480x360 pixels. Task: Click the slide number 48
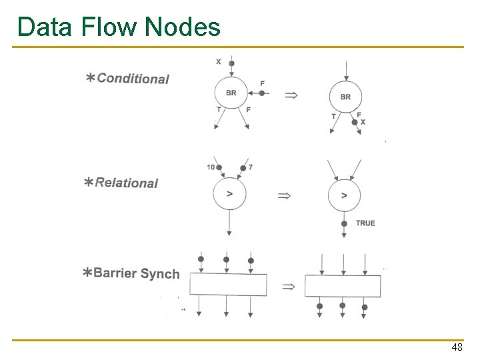click(457, 348)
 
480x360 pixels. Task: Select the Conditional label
click(133, 79)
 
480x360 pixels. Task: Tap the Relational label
click(126, 183)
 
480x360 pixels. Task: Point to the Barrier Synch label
click(136, 273)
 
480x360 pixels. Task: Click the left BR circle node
click(231, 93)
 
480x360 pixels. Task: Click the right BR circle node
click(345, 97)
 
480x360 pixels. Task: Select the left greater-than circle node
click(229, 194)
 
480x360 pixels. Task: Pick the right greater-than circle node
click(344, 195)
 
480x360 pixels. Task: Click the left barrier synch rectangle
click(228, 285)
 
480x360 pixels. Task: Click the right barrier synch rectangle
click(343, 286)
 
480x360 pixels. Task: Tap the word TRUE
click(365, 223)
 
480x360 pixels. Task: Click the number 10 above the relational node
click(211, 167)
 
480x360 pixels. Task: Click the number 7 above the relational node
click(250, 167)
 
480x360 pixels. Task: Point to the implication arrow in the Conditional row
click(291, 95)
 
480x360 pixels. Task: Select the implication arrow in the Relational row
click(284, 195)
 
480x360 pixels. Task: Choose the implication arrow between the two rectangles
click(288, 287)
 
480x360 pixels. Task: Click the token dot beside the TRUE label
click(344, 224)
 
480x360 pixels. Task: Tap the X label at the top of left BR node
click(219, 62)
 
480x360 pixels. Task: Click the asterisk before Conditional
click(89, 78)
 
